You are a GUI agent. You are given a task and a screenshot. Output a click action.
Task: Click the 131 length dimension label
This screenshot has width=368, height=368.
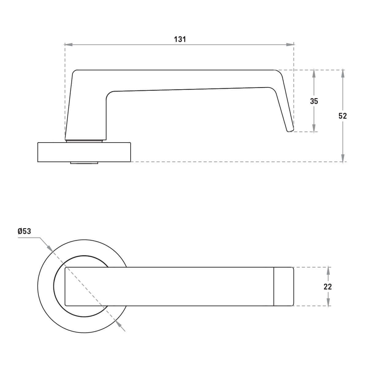pos(180,39)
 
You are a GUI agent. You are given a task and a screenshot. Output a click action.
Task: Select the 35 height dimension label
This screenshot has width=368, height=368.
pos(314,101)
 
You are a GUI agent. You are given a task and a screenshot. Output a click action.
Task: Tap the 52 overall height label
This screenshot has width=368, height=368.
pos(343,116)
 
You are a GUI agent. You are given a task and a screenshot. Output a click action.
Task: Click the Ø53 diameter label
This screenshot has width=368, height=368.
pos(24,231)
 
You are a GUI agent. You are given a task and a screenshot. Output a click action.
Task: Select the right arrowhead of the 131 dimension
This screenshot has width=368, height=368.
pos(290,45)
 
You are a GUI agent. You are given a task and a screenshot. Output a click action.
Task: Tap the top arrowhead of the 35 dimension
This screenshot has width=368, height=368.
pos(314,74)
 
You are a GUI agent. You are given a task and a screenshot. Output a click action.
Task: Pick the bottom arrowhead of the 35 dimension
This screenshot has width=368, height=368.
pos(314,128)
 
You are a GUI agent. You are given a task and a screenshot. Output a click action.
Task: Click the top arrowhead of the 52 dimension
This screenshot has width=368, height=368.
pos(343,74)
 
